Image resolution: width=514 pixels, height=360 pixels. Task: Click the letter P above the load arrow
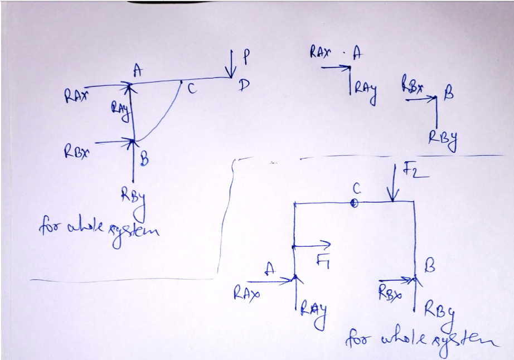click(245, 56)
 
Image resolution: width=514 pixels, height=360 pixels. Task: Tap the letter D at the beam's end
click(244, 85)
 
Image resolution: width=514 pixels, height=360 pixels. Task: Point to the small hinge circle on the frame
click(353, 203)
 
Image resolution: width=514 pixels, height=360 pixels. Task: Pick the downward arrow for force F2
click(394, 184)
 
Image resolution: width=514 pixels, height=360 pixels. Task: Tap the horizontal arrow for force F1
click(312, 245)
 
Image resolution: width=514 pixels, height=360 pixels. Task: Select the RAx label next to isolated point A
click(321, 53)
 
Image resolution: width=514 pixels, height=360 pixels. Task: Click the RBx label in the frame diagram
click(389, 290)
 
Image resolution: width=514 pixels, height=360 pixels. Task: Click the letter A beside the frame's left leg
click(270, 269)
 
